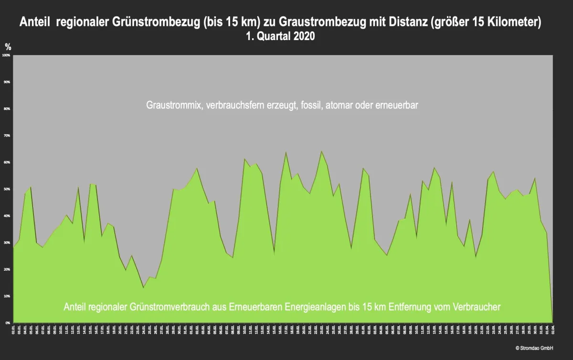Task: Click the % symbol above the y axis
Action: pos(8,46)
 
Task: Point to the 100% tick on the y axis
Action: pos(7,55)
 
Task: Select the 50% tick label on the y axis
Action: pos(7,189)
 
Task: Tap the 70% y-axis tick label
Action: pos(7,136)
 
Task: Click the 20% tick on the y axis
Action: pos(7,269)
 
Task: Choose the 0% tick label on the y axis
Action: pos(8,323)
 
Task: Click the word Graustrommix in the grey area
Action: pos(173,106)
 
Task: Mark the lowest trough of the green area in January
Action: pos(143,287)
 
